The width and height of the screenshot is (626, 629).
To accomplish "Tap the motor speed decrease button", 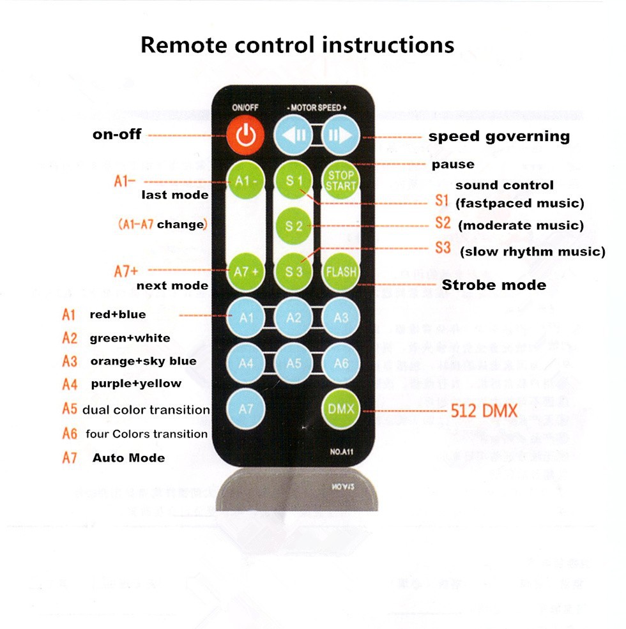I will tap(293, 135).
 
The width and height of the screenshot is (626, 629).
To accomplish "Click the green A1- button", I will tap(246, 181).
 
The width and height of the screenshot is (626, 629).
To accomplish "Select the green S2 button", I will tap(294, 226).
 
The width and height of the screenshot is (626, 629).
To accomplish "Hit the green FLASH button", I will tap(341, 271).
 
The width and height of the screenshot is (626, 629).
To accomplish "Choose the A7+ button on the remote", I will tap(246, 271).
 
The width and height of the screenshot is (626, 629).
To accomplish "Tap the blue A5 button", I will tap(294, 363).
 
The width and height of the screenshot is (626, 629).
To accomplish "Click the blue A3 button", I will tap(341, 317).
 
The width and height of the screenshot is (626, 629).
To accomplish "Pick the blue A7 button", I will tap(246, 409).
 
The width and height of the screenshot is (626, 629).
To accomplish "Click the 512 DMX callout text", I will tap(484, 411).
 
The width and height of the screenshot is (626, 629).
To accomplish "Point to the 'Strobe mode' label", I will tap(494, 285).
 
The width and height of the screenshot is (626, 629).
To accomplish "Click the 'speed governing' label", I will tap(499, 136).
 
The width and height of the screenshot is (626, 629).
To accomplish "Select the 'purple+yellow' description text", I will tap(136, 384).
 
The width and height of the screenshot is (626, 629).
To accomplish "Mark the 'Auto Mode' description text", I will tap(128, 458).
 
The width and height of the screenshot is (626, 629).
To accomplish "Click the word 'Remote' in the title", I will tap(184, 45).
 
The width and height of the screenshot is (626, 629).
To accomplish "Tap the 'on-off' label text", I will tap(117, 135).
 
